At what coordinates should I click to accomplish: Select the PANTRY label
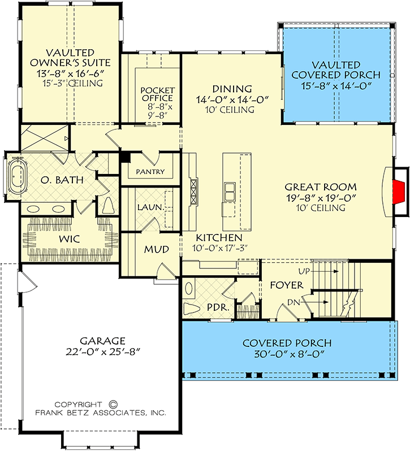pyautogui.click(x=150, y=172)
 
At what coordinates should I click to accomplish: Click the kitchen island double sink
pyautogui.click(x=230, y=192)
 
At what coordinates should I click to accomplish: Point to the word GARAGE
pyautogui.click(x=102, y=341)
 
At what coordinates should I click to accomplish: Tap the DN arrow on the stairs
pyautogui.click(x=314, y=302)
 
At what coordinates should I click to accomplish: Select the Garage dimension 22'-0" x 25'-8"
pyautogui.click(x=103, y=352)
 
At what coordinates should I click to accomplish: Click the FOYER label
pyautogui.click(x=287, y=285)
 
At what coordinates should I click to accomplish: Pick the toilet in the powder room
pyautogui.click(x=192, y=309)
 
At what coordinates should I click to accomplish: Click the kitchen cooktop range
pyautogui.click(x=193, y=192)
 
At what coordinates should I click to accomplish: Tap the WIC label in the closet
pyautogui.click(x=70, y=239)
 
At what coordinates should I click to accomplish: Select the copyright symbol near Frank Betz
pyautogui.click(x=114, y=405)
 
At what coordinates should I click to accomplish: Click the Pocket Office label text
pyautogui.click(x=157, y=94)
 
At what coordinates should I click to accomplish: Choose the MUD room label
pyautogui.click(x=157, y=249)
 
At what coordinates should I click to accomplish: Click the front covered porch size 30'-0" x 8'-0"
pyautogui.click(x=288, y=354)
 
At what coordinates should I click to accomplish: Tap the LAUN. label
pyautogui.click(x=150, y=207)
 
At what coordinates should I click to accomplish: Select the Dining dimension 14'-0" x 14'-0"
pyautogui.click(x=232, y=100)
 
